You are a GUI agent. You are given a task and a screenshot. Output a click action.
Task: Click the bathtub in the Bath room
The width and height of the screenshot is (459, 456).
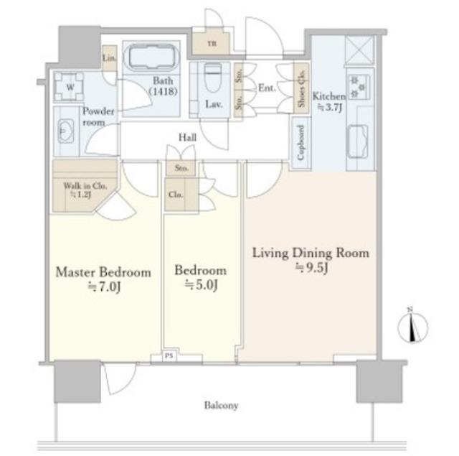(151, 56)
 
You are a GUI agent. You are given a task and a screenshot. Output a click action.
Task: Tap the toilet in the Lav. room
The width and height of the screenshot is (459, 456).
(212, 78)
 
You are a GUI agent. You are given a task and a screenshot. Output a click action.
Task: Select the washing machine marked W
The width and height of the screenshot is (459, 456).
(70, 87)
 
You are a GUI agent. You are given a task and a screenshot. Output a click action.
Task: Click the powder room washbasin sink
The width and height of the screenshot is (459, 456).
(66, 131)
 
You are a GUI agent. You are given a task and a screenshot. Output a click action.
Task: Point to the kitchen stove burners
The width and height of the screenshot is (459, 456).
(359, 87)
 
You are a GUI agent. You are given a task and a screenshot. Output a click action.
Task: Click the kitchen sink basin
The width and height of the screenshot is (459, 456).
(357, 141)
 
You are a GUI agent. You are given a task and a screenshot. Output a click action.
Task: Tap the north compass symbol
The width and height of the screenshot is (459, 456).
(413, 327)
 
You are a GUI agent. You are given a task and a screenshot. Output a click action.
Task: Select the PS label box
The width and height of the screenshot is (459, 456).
(169, 356)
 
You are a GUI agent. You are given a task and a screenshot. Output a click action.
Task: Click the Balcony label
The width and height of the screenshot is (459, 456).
(221, 406)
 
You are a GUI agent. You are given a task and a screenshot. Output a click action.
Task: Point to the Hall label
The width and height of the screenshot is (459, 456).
(188, 137)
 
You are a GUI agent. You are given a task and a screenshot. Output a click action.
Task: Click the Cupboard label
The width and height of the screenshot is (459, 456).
(301, 143)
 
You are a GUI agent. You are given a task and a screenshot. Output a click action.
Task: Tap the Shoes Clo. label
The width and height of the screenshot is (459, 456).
(302, 88)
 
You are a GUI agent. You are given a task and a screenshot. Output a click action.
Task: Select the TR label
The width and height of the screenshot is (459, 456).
(212, 44)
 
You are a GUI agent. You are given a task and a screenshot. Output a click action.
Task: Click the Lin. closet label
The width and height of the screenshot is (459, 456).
(110, 58)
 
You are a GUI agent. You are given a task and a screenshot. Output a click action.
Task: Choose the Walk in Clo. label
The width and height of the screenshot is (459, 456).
(85, 186)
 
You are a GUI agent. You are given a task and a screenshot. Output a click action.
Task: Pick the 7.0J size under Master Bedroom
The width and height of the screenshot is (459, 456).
(104, 287)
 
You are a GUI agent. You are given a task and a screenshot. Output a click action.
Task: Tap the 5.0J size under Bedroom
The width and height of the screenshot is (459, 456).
(201, 284)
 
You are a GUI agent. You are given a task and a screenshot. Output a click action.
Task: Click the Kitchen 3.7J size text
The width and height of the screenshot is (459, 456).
(330, 108)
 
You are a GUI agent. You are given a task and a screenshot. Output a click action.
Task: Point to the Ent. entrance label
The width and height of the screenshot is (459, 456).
(267, 88)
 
